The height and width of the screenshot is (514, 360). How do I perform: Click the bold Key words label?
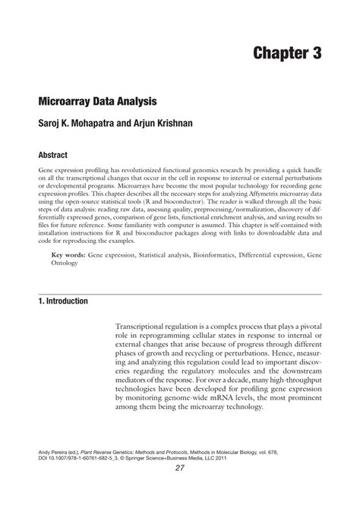tap(68, 257)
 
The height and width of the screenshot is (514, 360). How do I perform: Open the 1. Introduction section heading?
tap(63, 301)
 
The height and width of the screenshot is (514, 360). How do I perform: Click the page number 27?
tap(180, 468)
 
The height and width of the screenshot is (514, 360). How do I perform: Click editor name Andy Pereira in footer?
tap(58, 450)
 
